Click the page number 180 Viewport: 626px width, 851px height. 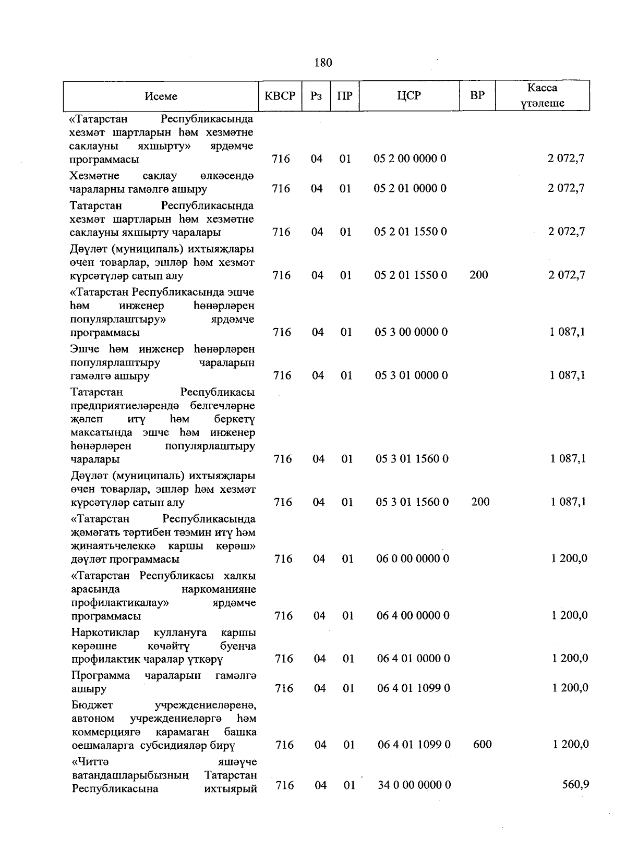point(323,63)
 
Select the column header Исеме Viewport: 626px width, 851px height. point(161,96)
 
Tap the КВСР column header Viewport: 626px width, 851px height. point(280,96)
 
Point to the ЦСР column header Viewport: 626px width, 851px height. point(409,96)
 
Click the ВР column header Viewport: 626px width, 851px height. point(477,95)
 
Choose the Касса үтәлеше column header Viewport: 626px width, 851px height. point(542,95)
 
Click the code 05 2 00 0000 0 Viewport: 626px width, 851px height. point(410,159)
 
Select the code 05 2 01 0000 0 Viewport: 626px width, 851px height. point(410,188)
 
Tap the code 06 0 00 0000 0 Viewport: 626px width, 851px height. point(413,559)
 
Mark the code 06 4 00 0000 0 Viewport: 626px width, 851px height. point(413,616)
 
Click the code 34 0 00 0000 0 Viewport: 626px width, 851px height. point(414,785)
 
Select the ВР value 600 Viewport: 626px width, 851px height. point(482,744)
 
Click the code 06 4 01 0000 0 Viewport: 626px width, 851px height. point(414,659)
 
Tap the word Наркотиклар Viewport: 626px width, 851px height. point(105,633)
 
